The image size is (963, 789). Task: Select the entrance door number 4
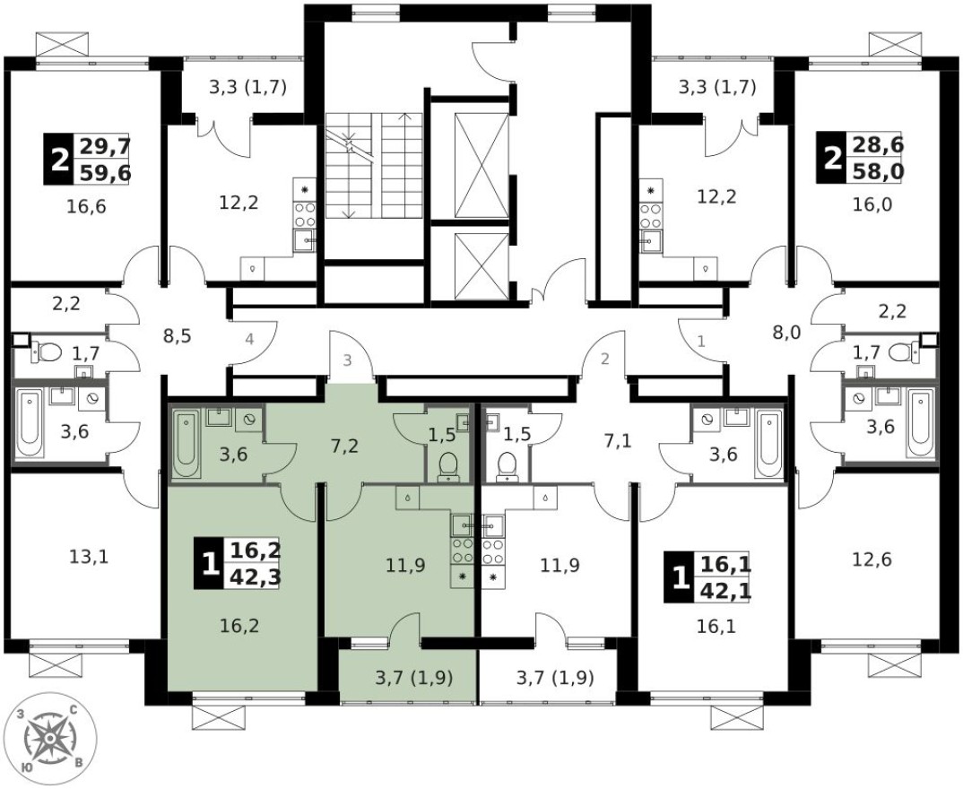coord(250,340)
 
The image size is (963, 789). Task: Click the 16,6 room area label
coord(86,207)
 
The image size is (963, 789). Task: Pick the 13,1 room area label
coord(88,557)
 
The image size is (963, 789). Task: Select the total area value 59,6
coord(105,173)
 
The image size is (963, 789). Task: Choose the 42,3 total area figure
coord(255,577)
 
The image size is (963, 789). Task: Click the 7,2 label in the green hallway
coord(345,444)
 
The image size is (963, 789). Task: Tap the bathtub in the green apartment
coord(187,444)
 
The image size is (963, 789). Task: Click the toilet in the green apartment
coord(448,464)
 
